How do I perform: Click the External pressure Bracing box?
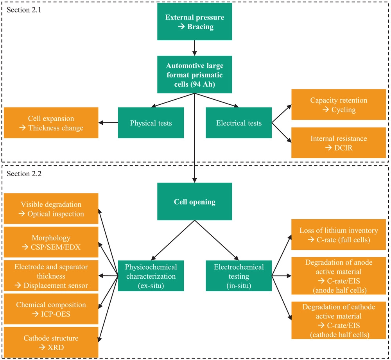(194, 21)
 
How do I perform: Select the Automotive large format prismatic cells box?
(194, 75)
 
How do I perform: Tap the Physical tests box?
(151, 123)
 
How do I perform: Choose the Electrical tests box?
(239, 123)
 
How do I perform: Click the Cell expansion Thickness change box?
(51, 123)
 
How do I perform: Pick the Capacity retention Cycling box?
(339, 104)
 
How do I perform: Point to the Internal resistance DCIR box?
(339, 143)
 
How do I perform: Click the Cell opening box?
(194, 201)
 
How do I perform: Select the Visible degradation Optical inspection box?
(51, 209)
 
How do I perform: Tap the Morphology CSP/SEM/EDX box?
(51, 242)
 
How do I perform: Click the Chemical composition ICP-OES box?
(51, 309)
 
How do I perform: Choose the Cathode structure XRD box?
(51, 342)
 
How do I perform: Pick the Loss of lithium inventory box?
(339, 235)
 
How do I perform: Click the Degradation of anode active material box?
(339, 276)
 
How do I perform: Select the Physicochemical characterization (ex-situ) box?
(151, 276)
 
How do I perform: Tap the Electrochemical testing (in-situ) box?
(239, 276)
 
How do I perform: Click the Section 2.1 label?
(24, 10)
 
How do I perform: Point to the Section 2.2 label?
(24, 174)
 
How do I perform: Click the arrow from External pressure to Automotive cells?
(194, 48)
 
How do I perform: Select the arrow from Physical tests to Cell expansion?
(108, 123)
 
